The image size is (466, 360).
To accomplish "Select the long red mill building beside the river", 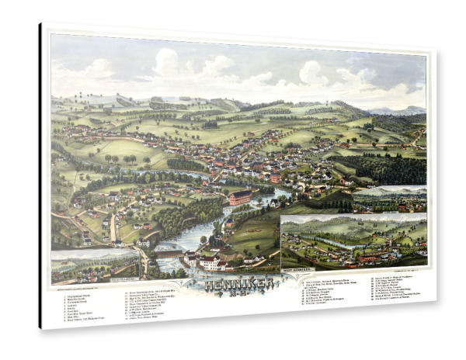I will (240, 197).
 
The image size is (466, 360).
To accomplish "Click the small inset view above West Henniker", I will (389, 199).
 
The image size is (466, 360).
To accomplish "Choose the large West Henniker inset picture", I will (353, 242).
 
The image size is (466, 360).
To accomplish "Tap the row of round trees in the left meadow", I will (124, 158).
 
